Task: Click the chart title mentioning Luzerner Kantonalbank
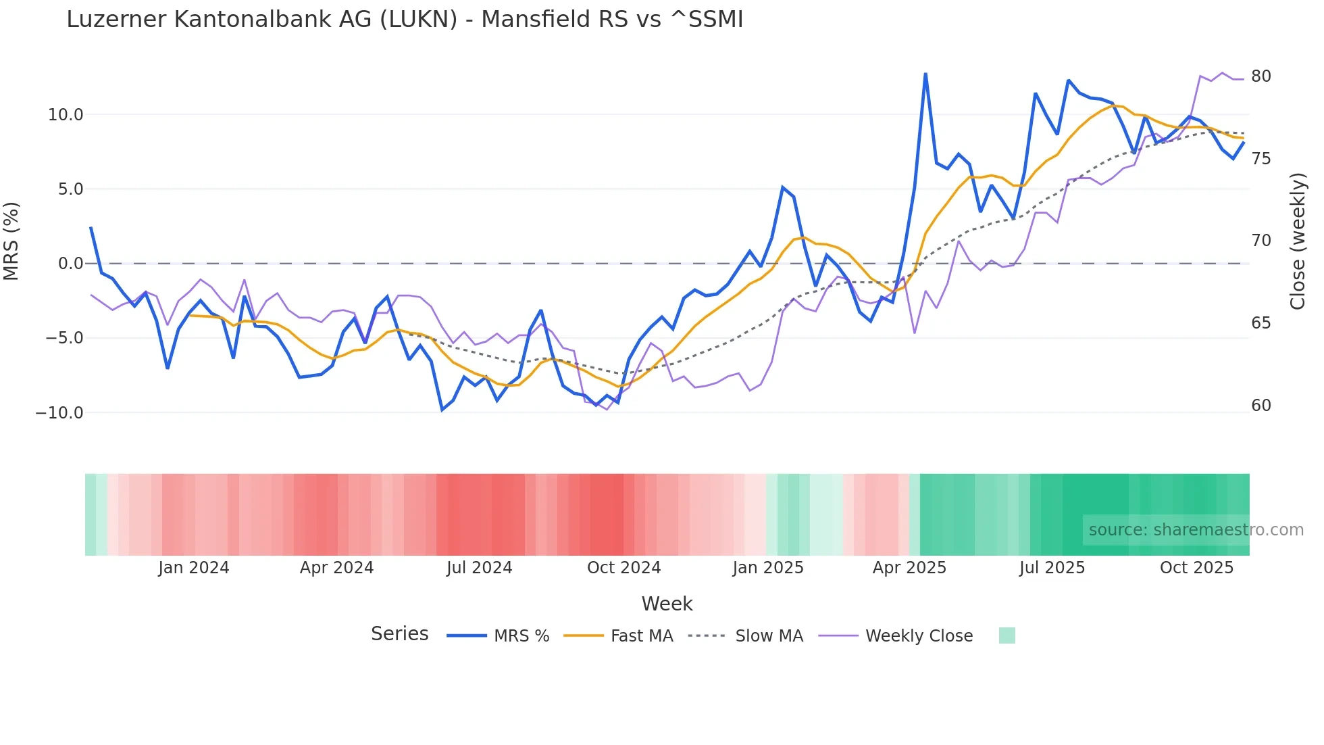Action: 405,20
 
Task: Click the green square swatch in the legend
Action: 1007,635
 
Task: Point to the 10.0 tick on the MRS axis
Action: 66,115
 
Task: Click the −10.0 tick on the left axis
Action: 59,412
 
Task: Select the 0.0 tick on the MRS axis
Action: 70,264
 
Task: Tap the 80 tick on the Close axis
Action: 1261,76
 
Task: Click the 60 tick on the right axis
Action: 1261,406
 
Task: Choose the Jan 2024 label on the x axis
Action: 194,568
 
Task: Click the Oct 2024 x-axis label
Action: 623,568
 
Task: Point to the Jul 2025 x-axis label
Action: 1052,568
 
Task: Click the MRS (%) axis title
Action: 11,241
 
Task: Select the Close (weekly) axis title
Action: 1297,241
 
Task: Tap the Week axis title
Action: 667,604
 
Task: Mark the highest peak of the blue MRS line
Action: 925,74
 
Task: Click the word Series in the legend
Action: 399,634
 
